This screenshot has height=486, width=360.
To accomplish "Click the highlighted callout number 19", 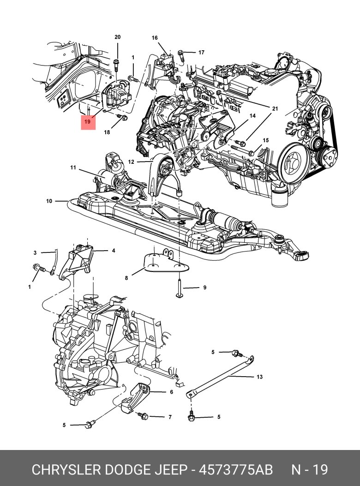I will (x=88, y=122).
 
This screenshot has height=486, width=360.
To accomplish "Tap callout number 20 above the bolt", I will (x=117, y=37).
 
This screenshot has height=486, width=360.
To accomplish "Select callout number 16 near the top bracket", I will (x=155, y=37).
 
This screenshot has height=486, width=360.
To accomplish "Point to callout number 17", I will (x=201, y=53).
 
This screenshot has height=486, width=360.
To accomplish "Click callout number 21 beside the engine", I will (x=275, y=108).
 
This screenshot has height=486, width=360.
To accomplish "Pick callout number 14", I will (x=252, y=116).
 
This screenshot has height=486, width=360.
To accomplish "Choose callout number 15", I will (x=265, y=140).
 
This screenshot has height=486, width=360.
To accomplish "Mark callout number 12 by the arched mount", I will (x=131, y=162).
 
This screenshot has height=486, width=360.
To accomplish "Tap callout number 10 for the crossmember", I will (x=49, y=201).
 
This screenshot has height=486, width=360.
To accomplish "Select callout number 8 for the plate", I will (x=126, y=278).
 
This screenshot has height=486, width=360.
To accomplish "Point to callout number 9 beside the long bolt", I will (x=204, y=288).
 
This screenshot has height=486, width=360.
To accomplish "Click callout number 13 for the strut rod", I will (x=259, y=377).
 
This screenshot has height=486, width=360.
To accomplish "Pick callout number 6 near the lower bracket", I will (x=171, y=392).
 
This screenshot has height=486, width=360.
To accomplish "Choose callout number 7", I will (x=170, y=417).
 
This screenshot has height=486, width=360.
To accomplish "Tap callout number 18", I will (x=107, y=132).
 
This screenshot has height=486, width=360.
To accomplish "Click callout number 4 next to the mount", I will (x=113, y=251).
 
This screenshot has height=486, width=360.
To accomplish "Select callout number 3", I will (x=35, y=252).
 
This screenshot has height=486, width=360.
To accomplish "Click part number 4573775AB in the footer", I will (x=235, y=470).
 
